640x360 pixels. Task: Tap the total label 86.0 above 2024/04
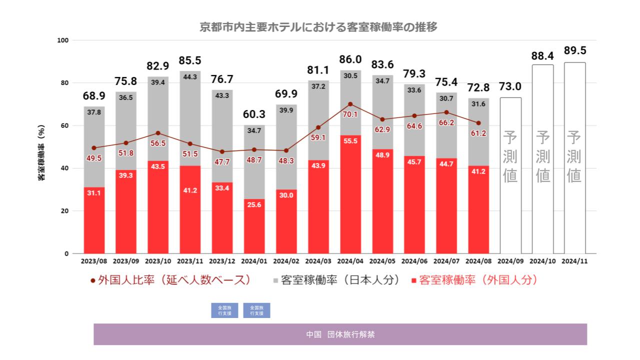pos(350,59)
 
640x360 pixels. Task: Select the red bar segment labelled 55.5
pos(350,195)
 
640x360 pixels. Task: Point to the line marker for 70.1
pos(350,104)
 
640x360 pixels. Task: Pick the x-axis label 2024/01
pos(254,261)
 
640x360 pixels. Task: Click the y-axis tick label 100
pos(63,40)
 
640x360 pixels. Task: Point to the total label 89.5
pos(574,51)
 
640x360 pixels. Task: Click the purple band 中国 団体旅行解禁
pos(340,334)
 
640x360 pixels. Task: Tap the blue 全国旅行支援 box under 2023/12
pos(224,310)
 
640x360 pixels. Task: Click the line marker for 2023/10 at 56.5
pos(158,133)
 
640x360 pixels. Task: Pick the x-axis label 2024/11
pos(574,261)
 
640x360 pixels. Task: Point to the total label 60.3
pos(254,114)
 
